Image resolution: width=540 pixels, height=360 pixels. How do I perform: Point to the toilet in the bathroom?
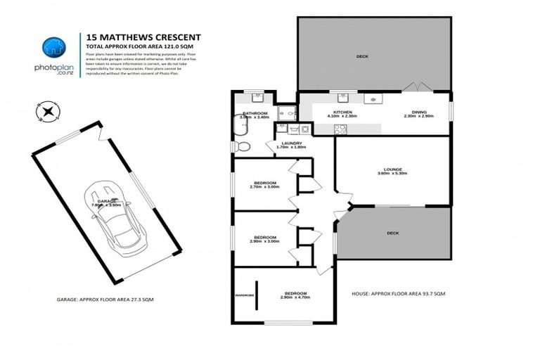coord(243,146)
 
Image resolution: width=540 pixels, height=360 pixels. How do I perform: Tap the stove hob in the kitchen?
coord(340,129)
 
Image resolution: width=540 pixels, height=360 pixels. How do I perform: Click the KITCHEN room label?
coord(323,112)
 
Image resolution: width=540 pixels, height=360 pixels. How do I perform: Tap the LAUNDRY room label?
coord(290,143)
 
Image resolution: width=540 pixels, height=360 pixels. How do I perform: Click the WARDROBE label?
coord(244,294)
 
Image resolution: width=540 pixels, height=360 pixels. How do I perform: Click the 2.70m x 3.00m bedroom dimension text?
coord(264,188)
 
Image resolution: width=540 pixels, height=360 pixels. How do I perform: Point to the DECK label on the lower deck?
coord(392,233)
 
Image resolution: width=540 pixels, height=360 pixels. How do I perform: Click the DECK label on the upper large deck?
coord(361,56)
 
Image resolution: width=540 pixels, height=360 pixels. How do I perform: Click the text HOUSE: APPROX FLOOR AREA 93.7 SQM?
coord(396,292)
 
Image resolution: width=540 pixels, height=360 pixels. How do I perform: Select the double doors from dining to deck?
coord(417,87)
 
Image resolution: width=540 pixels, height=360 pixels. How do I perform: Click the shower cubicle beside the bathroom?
coord(285,112)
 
